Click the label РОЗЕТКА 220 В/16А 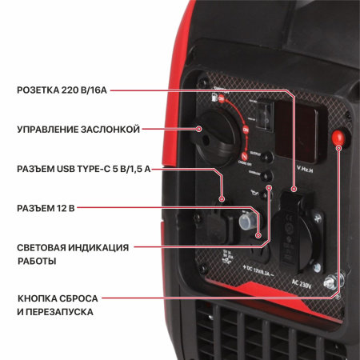pos(62,90)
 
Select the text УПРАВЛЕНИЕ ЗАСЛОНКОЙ pos(78,129)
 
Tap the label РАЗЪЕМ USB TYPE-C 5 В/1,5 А pos(84,169)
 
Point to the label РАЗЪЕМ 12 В pos(46,208)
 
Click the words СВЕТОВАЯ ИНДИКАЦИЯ pos(73,247)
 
